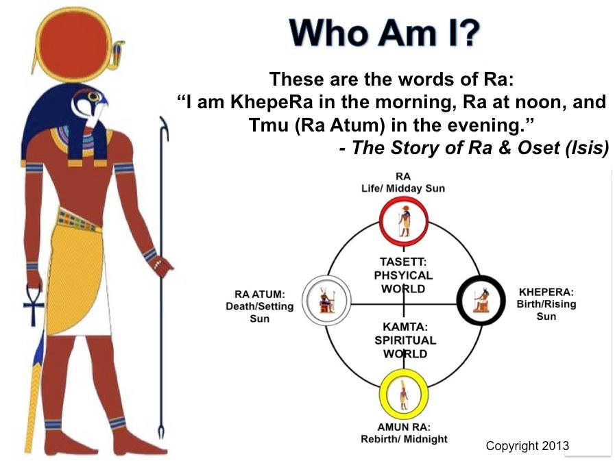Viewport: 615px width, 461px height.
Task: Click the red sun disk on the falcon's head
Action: point(75,47)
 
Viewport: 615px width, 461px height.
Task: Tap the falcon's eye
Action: point(93,96)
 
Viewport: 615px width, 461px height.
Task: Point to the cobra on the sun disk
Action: point(117,54)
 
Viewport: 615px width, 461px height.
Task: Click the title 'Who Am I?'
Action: point(385,32)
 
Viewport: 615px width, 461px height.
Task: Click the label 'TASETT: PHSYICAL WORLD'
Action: point(403,275)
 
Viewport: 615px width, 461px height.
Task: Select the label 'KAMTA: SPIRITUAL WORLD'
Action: point(405,340)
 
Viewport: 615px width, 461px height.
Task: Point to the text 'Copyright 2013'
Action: point(527,446)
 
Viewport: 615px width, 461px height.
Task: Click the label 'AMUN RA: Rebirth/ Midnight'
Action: point(404,433)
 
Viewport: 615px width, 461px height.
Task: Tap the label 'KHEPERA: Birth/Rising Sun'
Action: point(546,304)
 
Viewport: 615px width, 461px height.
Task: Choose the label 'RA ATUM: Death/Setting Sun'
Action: point(260,306)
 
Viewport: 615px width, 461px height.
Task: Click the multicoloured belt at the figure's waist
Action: point(77,219)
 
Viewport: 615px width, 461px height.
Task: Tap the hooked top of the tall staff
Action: point(165,127)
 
